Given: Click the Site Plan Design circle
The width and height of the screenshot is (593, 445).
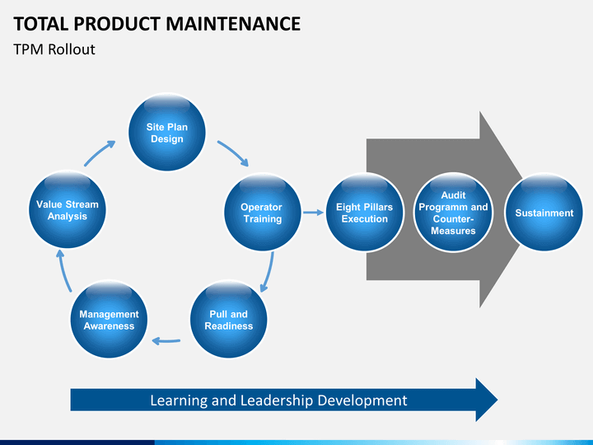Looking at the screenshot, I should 166,133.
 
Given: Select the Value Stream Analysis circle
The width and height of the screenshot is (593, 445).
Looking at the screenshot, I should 67,210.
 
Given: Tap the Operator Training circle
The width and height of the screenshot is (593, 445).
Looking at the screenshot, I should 262,213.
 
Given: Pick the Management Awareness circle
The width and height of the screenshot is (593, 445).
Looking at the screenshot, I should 109,320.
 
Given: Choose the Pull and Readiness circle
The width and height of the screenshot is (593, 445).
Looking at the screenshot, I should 229,320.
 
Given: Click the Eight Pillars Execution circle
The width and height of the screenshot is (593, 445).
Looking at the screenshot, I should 364,213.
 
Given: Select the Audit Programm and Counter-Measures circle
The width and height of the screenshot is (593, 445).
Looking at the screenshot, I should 453,213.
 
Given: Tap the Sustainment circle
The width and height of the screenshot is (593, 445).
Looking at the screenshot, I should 544,213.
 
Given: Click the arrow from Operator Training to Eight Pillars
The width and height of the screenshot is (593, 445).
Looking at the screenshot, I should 312,213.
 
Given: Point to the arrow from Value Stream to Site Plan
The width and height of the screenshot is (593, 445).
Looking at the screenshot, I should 100,153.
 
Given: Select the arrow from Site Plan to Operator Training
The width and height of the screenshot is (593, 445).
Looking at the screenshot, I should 232,153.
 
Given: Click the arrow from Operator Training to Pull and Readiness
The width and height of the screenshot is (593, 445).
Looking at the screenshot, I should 267,272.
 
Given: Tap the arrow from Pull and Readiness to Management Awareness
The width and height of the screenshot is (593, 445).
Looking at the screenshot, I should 168,340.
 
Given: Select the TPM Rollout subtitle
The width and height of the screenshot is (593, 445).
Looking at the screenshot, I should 54,49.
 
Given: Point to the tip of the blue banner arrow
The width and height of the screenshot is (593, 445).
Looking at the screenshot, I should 496,400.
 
